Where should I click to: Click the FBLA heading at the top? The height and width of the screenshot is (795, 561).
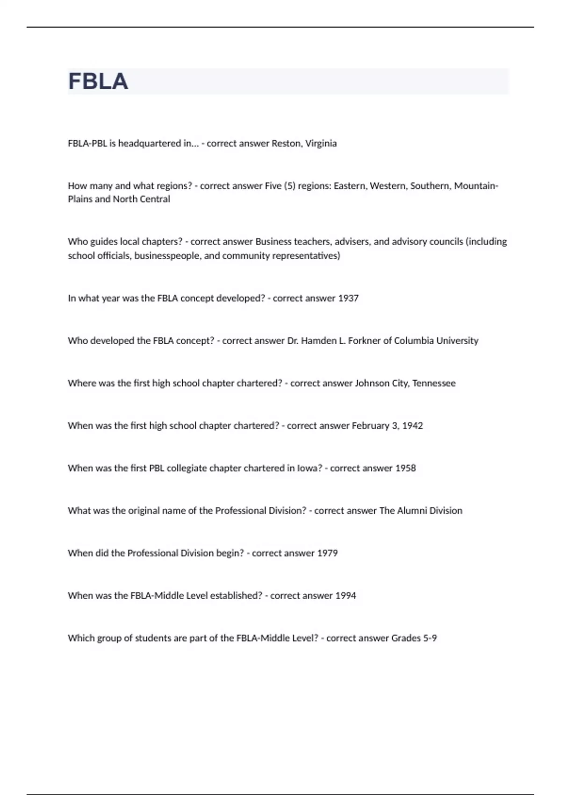(98, 81)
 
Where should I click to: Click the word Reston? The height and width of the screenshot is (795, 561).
(286, 144)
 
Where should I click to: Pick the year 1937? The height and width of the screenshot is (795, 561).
(348, 298)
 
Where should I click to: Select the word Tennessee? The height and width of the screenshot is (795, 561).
(434, 383)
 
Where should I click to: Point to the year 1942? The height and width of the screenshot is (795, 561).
(412, 426)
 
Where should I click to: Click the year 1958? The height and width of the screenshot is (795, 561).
(405, 469)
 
